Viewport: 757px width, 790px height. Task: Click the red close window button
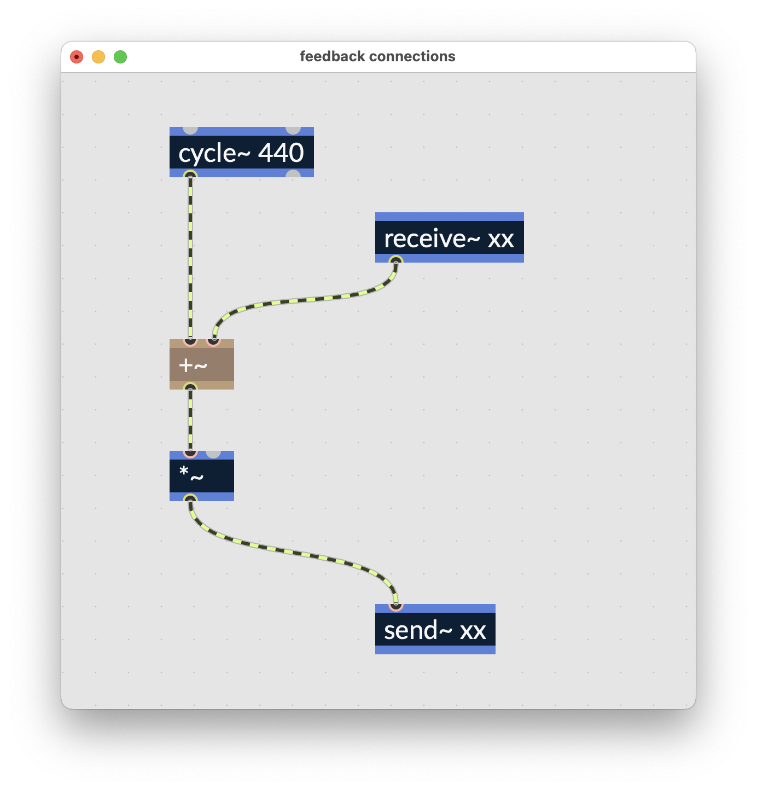pos(77,57)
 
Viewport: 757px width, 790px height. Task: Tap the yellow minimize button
pos(98,57)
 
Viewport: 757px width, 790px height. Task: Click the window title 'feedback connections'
pos(377,56)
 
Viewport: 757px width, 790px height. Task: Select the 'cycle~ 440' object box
pos(241,153)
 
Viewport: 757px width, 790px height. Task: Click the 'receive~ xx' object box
pos(449,239)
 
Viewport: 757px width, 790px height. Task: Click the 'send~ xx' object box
pos(435,630)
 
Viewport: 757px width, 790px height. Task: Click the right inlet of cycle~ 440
pos(293,129)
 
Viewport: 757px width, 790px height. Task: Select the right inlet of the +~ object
pos(213,341)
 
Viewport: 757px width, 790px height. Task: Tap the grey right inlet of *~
pos(213,453)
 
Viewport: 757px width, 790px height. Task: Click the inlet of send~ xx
pos(396,606)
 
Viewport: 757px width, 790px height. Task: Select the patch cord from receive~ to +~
pos(306,300)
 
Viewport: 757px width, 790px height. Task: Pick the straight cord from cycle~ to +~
pos(190,257)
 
